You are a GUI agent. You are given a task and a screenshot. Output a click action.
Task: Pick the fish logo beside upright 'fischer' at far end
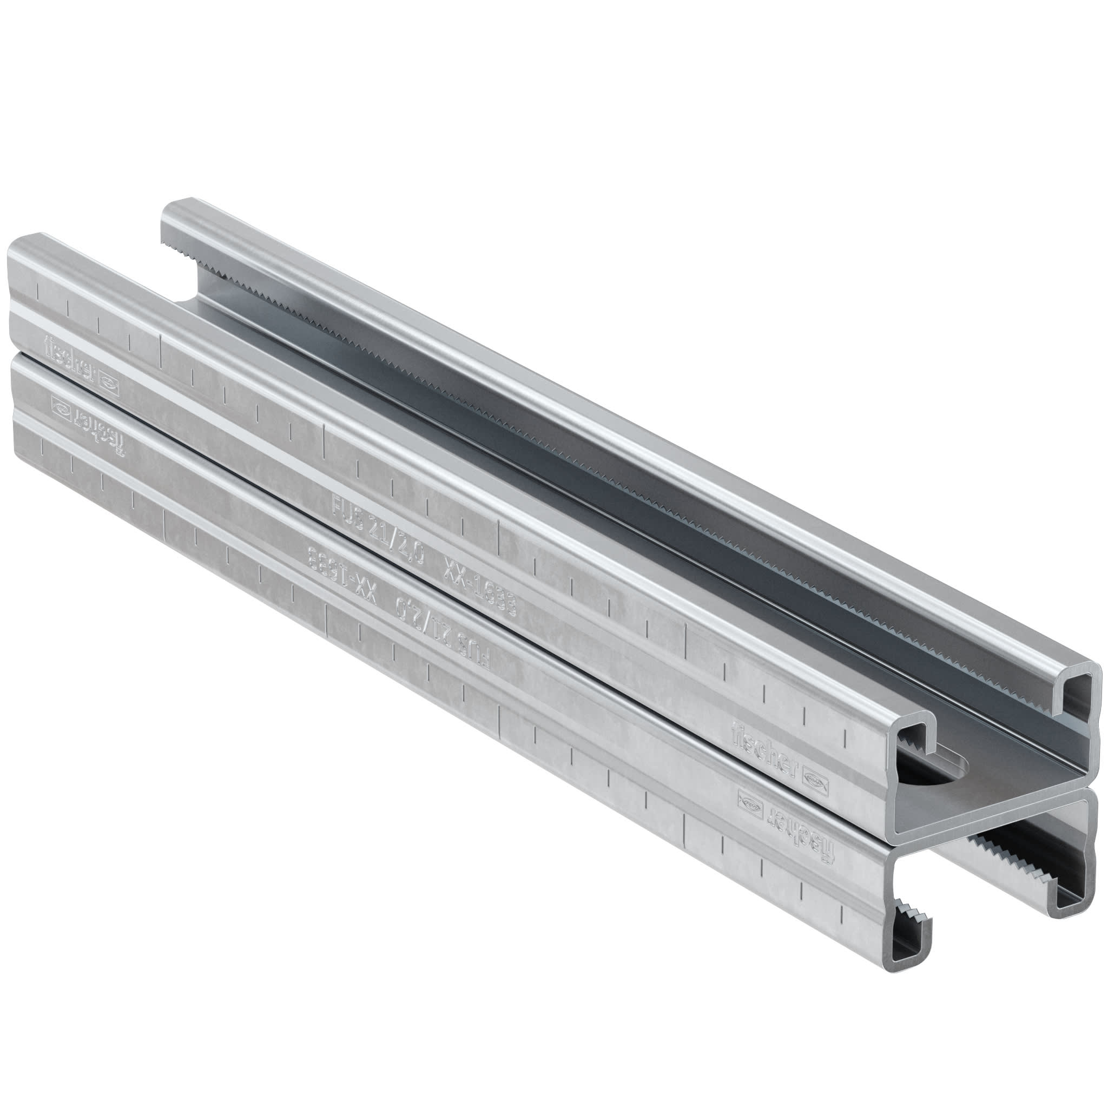(x=109, y=381)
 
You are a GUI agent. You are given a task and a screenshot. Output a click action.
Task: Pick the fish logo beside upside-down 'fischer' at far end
(x=60, y=408)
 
